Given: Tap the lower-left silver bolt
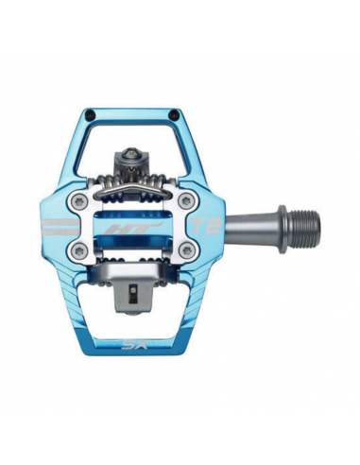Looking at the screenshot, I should pyautogui.click(x=80, y=250).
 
